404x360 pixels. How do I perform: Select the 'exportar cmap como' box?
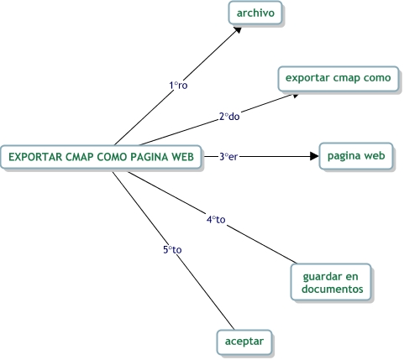click(x=338, y=79)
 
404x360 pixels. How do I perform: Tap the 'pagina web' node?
click(x=355, y=156)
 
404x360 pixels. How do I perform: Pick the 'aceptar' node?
click(x=244, y=342)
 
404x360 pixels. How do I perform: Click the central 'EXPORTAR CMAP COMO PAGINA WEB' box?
click(x=102, y=156)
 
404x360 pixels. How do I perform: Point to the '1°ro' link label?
click(x=178, y=86)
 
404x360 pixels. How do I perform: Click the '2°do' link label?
click(x=229, y=117)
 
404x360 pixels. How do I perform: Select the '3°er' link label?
click(x=228, y=156)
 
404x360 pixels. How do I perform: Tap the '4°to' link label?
click(x=216, y=220)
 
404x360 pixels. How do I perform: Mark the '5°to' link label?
click(x=172, y=249)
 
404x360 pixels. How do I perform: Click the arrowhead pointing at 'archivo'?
click(x=239, y=29)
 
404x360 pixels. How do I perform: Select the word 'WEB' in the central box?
click(x=183, y=156)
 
